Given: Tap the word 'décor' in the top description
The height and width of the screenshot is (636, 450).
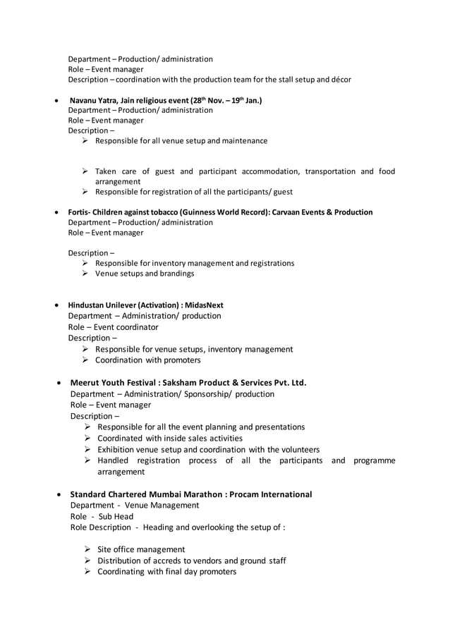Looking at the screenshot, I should point(338,79).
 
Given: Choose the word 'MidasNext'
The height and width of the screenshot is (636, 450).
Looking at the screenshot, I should point(204,305).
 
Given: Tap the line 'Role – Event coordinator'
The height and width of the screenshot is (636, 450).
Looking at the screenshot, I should point(113,327).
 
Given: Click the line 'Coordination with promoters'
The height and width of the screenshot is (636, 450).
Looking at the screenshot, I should point(147,360).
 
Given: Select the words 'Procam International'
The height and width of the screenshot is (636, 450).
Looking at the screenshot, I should point(272,494).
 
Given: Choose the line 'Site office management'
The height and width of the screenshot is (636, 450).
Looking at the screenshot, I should point(141,549).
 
